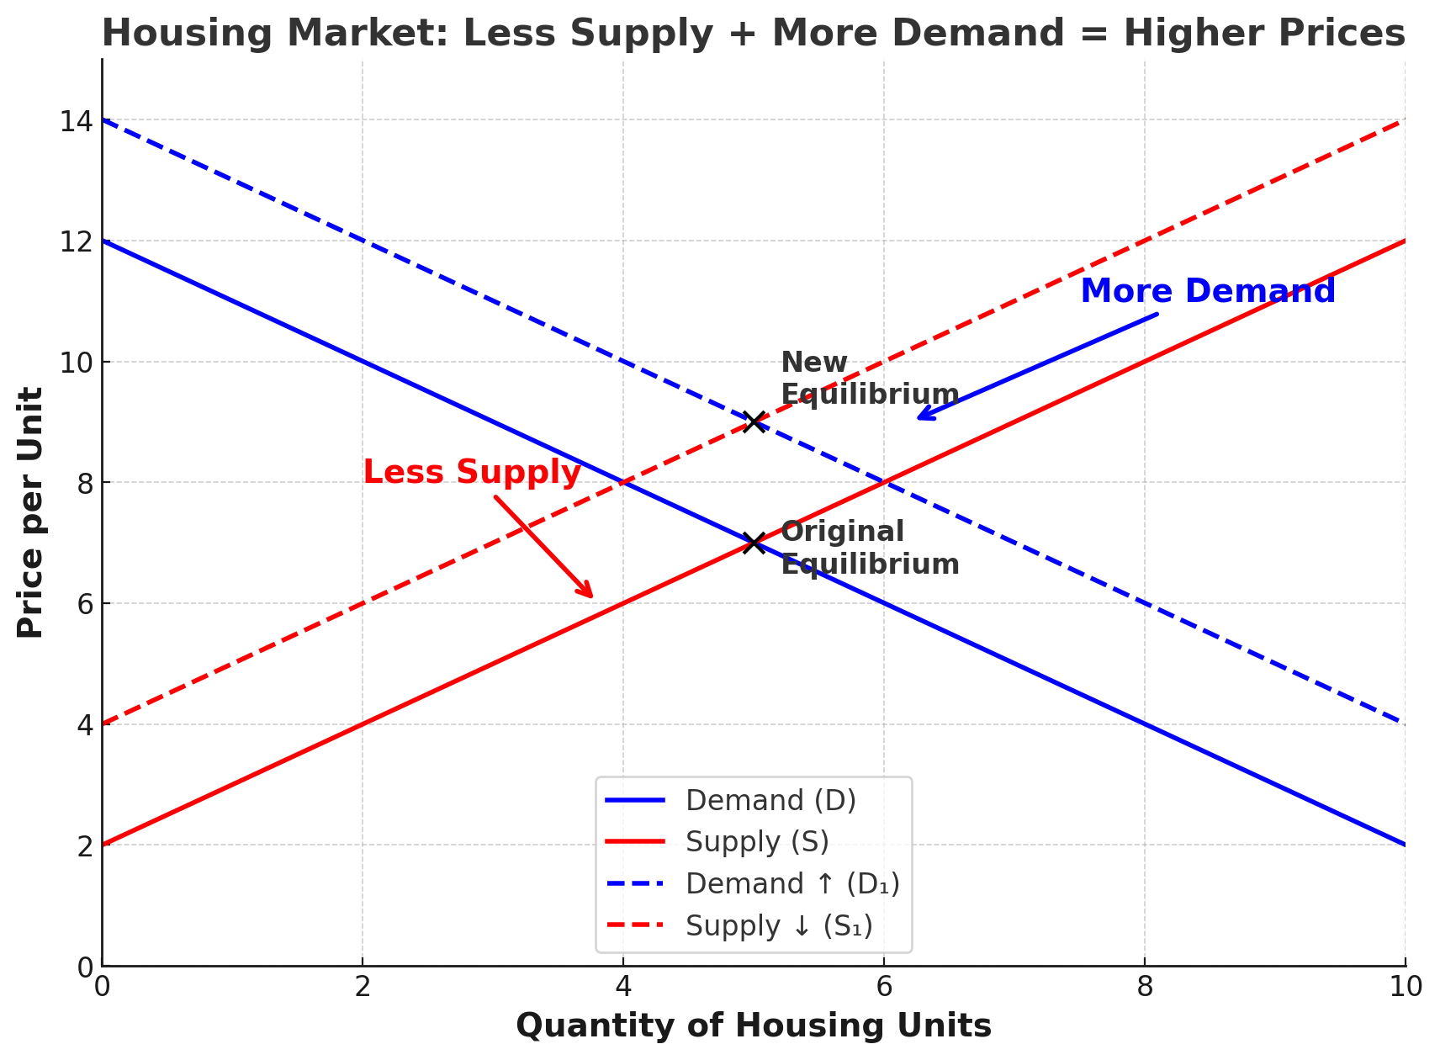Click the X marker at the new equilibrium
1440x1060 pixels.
coord(754,421)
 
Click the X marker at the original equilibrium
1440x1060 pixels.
coord(754,543)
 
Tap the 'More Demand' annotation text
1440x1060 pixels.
coord(1207,291)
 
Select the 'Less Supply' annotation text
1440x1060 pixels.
coord(472,472)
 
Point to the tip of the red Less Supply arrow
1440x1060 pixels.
coord(592,596)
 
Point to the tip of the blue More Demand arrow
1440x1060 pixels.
coord(919,417)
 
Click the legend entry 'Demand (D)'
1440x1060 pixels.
coord(770,800)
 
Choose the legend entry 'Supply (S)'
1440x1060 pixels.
coord(757,841)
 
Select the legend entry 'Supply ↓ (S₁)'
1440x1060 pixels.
coord(779,925)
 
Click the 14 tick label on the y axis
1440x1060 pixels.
coord(76,121)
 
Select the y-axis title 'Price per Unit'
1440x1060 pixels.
coord(30,512)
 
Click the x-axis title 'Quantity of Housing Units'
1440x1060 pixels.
coord(753,1026)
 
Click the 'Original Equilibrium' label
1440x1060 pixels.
coord(869,548)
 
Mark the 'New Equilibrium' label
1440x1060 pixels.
coord(869,379)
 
